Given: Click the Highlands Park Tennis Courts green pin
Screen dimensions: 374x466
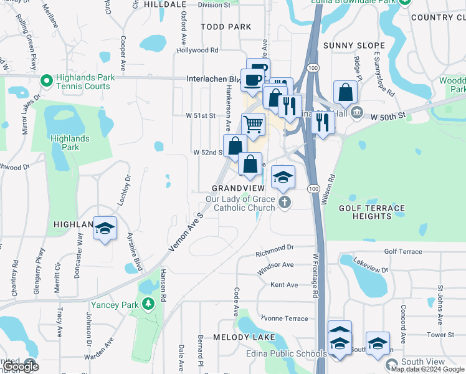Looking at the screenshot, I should tap(45, 81).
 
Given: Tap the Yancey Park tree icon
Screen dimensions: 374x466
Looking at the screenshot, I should tap(148, 304).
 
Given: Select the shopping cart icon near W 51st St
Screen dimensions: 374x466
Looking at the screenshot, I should tap(253, 124).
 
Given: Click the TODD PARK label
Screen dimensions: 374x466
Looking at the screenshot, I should tap(226, 27).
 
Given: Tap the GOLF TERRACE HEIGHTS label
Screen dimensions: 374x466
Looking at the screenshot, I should tap(372, 212).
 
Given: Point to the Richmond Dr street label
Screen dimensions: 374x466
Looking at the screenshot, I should tap(275, 248).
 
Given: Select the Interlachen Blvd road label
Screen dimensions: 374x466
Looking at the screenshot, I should tap(213, 79).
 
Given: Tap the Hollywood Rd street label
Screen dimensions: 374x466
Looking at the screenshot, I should tap(197, 50).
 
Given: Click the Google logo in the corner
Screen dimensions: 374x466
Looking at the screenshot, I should tap(21, 366).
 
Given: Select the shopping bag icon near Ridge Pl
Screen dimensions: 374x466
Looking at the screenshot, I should tap(345, 93).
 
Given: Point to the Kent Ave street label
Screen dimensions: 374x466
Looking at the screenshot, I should tap(284, 285).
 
